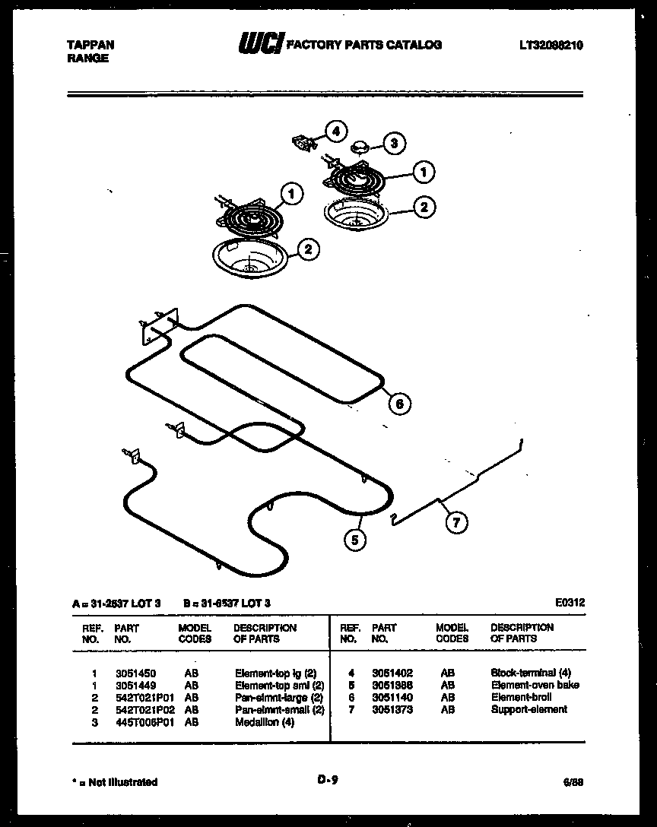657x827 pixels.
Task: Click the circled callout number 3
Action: [393, 142]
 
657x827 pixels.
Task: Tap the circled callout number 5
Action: [354, 540]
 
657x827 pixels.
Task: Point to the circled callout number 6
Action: [399, 403]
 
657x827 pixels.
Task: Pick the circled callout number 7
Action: [456, 522]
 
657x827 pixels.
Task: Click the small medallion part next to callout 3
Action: [360, 145]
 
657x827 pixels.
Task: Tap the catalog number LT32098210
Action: [551, 46]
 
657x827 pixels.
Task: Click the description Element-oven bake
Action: [535, 686]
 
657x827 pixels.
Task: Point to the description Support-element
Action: [528, 710]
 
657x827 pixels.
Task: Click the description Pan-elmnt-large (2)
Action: [279, 698]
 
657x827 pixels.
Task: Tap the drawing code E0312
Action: [570, 603]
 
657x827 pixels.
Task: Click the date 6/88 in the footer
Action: [574, 782]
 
